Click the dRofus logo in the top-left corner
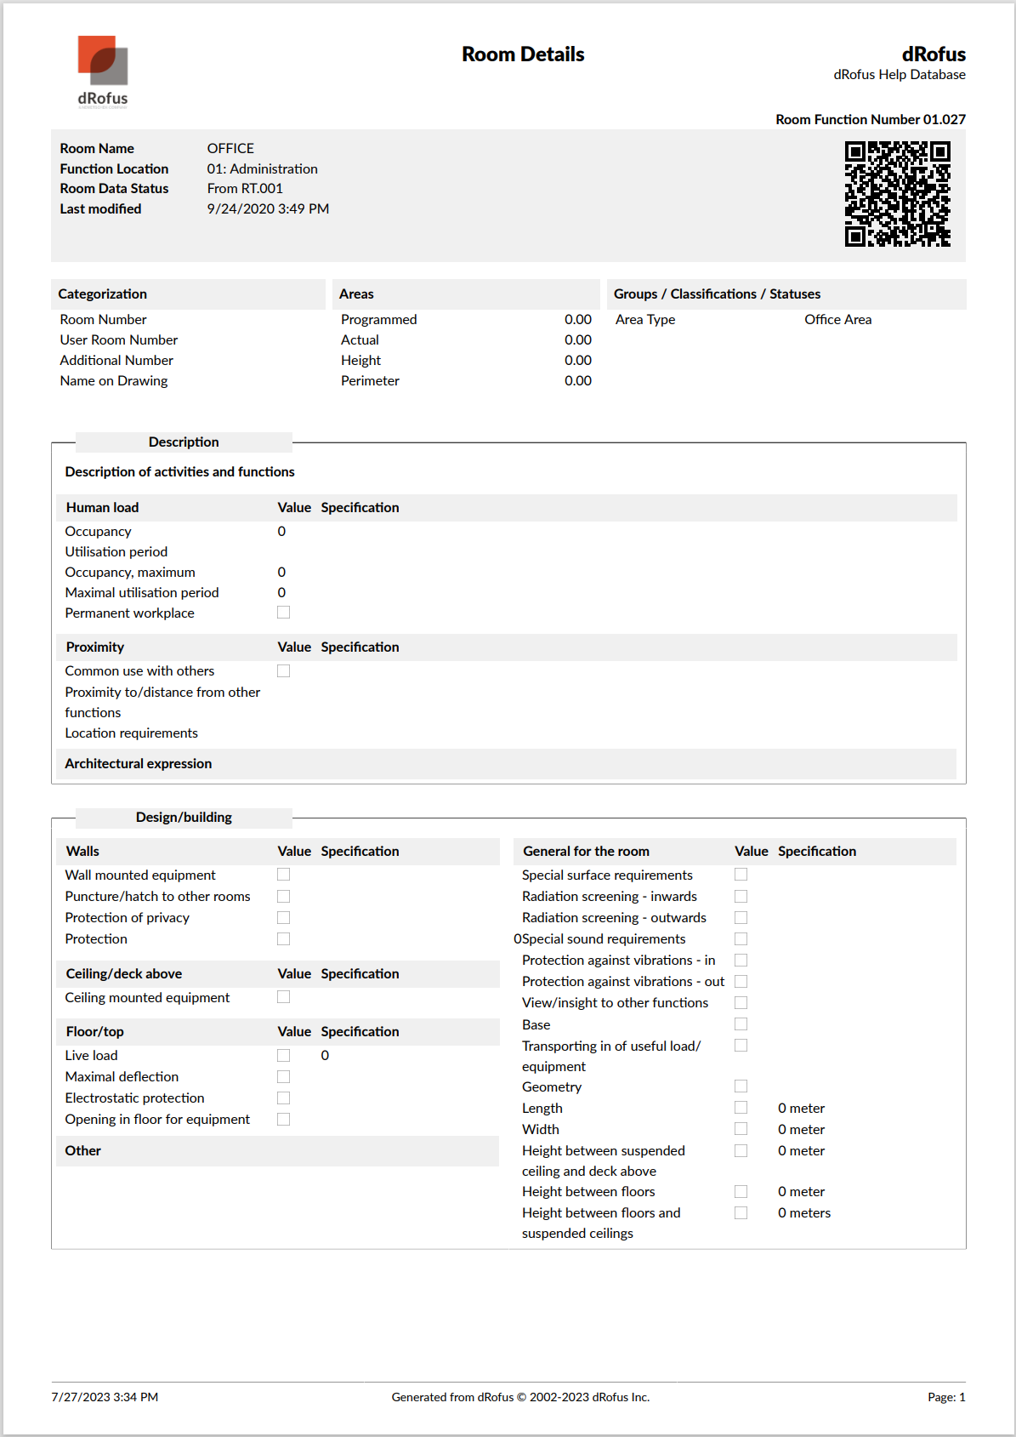[103, 71]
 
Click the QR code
[897, 194]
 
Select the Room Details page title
[523, 54]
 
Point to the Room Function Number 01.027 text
[870, 120]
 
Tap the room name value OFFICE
[230, 149]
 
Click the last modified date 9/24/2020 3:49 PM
[268, 209]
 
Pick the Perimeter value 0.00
[577, 381]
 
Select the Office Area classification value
[837, 320]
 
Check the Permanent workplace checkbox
[284, 613]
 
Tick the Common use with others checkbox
[284, 671]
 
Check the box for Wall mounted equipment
[284, 875]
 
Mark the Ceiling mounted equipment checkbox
[284, 997]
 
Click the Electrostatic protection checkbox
[284, 1098]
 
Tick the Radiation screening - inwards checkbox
[741, 897]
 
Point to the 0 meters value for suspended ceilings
[803, 1213]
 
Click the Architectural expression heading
[139, 764]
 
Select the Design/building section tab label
[184, 818]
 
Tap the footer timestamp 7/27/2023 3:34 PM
[105, 1397]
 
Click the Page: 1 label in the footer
[946, 1397]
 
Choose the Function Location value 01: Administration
[262, 169]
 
